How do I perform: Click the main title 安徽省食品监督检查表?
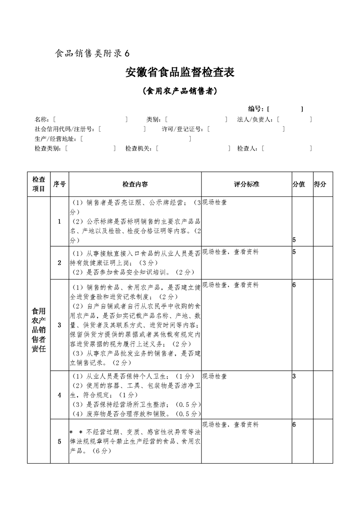coord(180,73)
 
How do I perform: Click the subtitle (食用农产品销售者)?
coord(180,91)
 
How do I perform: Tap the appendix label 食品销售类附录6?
coord(92,54)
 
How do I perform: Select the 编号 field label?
coord(256,109)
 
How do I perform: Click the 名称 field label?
coord(42,119)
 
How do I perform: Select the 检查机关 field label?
coord(138,148)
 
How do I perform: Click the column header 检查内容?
coord(135,184)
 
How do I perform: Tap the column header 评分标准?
coord(247,184)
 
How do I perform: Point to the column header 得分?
coord(320,184)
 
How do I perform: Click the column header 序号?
coord(59,184)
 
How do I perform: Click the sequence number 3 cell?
coord(59,325)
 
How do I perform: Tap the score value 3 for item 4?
coord(295,377)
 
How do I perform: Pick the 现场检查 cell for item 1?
coord(215,203)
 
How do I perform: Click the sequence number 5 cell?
coord(59,441)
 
